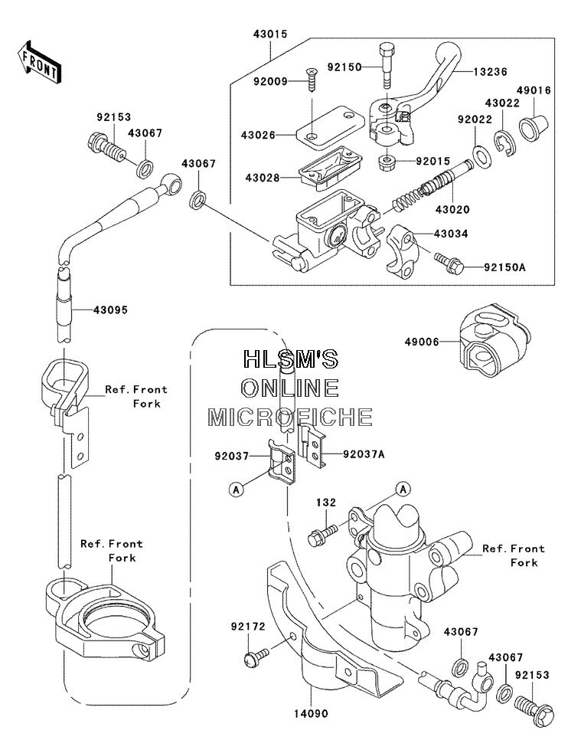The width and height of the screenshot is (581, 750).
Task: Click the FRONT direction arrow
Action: (x=38, y=63)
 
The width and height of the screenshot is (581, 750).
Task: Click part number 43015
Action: (x=270, y=34)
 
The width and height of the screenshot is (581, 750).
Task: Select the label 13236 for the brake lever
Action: (x=490, y=72)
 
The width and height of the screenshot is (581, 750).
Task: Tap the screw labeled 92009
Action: (x=311, y=81)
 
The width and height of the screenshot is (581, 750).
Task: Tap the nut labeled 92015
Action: (x=386, y=162)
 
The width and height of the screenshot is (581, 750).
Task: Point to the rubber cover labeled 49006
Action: (x=493, y=340)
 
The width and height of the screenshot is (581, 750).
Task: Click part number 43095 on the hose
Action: (x=110, y=310)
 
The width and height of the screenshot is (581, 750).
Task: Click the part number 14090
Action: (x=311, y=714)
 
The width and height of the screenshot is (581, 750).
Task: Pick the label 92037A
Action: (x=364, y=454)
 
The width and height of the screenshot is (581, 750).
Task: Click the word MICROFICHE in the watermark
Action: (x=290, y=418)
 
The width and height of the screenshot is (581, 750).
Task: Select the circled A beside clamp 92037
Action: (x=237, y=490)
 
